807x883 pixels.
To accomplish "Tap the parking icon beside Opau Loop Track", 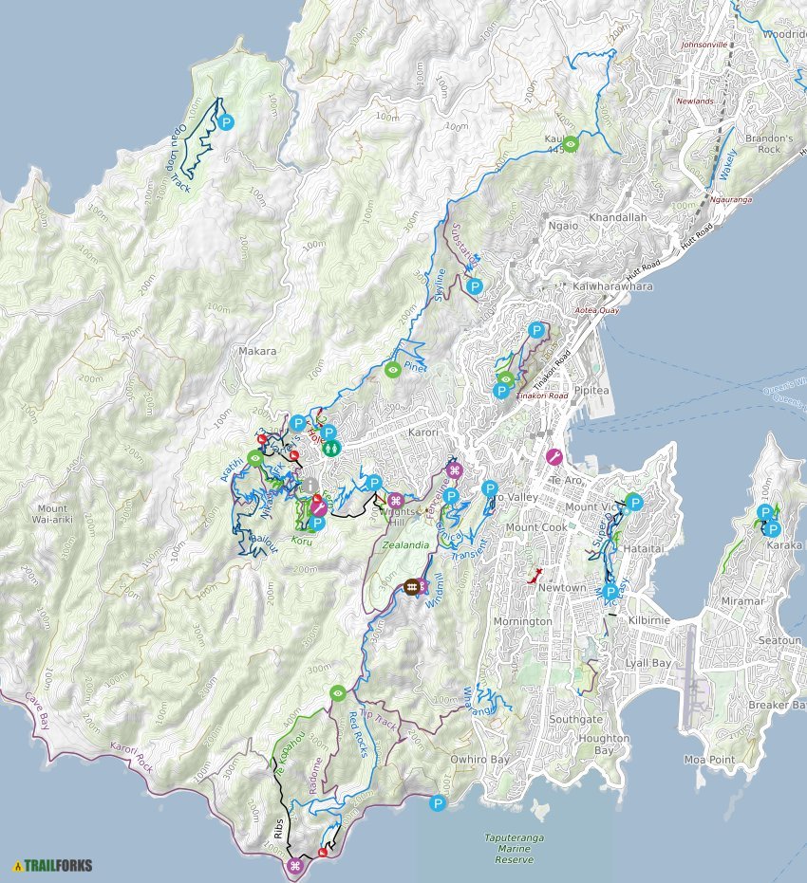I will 226,121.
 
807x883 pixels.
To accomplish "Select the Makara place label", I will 257,351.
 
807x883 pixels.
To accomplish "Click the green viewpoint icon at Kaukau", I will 571,144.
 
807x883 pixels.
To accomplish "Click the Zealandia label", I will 407,545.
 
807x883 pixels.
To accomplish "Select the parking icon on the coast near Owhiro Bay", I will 438,803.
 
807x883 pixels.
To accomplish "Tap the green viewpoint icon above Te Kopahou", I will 337,693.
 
